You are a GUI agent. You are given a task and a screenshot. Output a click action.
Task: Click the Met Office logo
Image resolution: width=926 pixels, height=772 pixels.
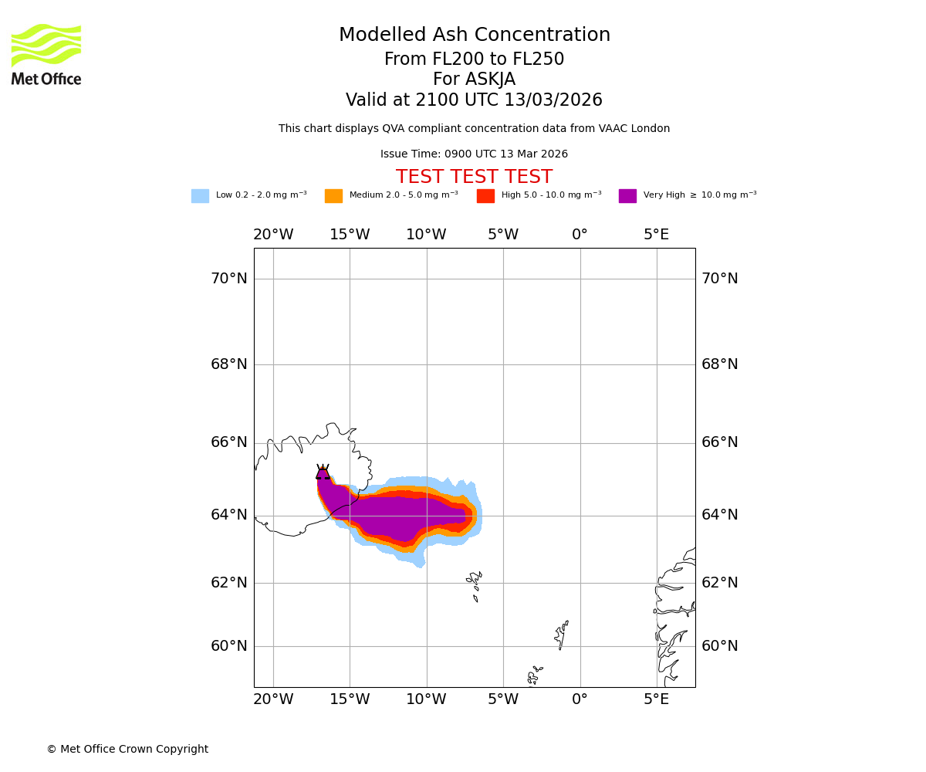[x=46, y=54]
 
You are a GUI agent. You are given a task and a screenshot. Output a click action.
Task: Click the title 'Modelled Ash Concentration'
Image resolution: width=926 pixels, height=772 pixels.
[x=474, y=36]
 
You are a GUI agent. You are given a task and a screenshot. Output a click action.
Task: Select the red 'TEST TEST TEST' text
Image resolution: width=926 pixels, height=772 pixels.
[x=474, y=178]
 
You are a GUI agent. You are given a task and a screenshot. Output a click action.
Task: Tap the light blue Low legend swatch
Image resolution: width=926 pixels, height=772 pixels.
[x=200, y=196]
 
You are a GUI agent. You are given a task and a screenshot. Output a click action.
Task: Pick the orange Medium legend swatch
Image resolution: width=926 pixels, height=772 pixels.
[x=333, y=196]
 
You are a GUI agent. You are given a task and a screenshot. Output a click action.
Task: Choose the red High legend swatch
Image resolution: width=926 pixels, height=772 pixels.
[x=485, y=196]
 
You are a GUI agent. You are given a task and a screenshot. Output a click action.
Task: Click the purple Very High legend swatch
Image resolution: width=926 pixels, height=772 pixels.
[x=627, y=196]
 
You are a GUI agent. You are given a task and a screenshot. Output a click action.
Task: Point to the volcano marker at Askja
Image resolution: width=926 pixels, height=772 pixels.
[x=323, y=472]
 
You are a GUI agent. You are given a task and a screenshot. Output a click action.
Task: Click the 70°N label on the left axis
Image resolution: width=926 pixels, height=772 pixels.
[x=229, y=279]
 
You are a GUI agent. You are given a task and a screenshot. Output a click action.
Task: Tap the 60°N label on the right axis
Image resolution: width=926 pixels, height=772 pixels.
[x=719, y=646]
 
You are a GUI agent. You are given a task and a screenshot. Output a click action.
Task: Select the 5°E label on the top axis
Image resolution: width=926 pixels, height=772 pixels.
[x=657, y=235]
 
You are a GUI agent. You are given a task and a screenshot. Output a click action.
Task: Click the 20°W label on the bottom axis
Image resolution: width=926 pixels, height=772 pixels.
[x=273, y=699]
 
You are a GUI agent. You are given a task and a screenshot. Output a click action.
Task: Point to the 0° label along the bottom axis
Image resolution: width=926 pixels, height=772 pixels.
[x=580, y=699]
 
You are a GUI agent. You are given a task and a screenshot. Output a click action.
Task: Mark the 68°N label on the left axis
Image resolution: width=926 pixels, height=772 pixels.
[x=229, y=364]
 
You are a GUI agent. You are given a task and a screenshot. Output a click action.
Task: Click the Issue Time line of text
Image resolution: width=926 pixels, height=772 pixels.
[x=474, y=154]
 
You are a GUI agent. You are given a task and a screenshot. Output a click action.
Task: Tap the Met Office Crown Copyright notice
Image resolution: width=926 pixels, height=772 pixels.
[x=127, y=750]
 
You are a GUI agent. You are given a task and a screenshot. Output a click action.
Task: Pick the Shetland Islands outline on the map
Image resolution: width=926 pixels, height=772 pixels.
[x=562, y=635]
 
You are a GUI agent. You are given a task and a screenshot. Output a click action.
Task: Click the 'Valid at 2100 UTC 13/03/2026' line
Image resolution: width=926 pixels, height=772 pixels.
[x=474, y=100]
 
